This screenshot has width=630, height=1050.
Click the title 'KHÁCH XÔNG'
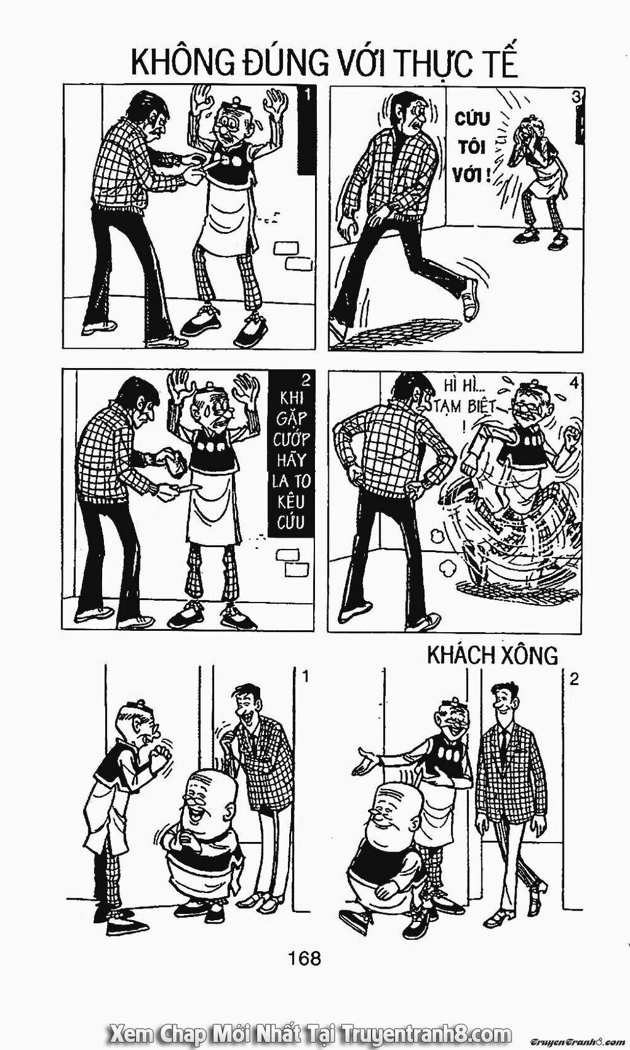pyautogui.click(x=492, y=655)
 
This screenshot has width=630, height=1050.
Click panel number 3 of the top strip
pyautogui.click(x=576, y=97)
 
